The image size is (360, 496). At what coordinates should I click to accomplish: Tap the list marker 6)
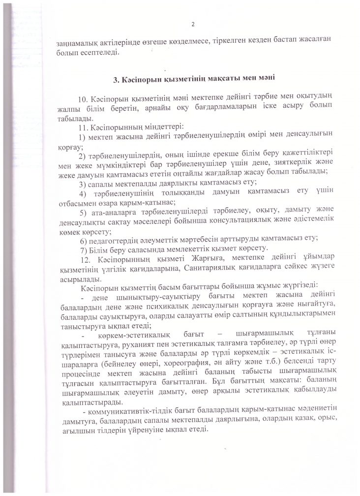pos(83,239)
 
